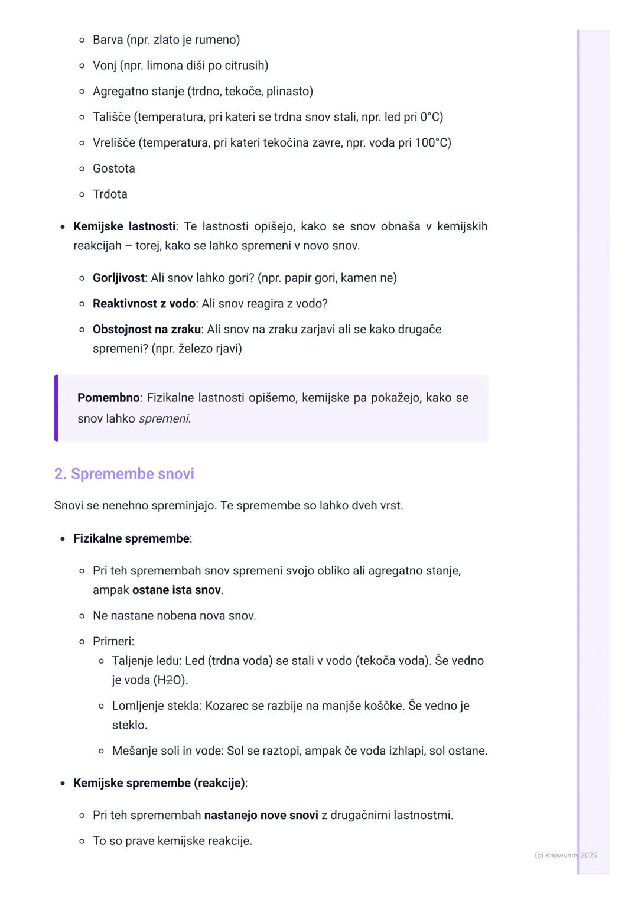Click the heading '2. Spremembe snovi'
coord(124,474)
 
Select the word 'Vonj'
coord(104,66)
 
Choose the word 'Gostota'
coord(114,168)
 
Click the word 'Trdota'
coord(110,194)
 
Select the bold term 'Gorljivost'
coord(119,278)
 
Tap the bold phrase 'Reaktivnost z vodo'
coord(144,304)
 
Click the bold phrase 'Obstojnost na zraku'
coord(147,329)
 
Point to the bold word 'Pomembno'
coord(108,398)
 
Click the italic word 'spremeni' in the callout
coord(164,419)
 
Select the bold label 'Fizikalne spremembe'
coord(131,538)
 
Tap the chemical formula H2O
coord(170,680)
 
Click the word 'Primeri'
coord(112,642)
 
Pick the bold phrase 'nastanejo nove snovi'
coord(261,816)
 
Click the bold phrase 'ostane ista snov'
coord(176,590)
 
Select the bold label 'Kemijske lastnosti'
coord(124,226)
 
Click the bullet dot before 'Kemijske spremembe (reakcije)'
coord(63,784)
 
